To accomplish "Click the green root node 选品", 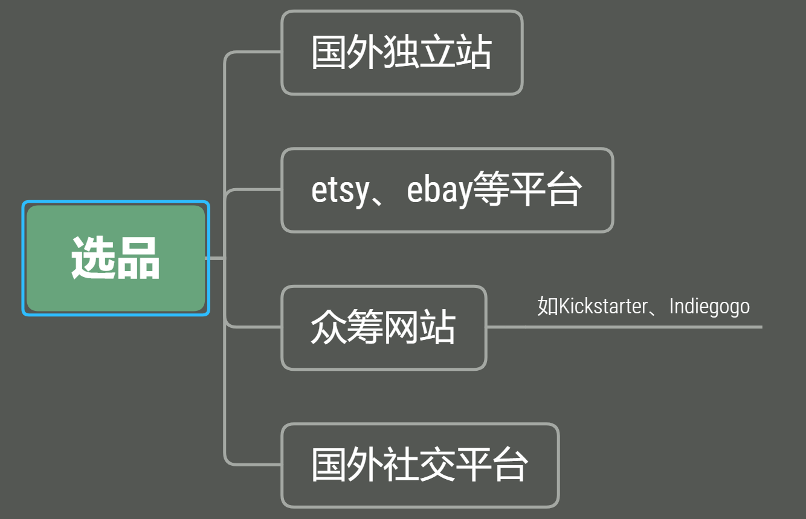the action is pyautogui.click(x=116, y=258).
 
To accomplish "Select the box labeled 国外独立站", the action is pyautogui.click(x=402, y=53).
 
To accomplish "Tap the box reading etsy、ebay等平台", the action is pyautogui.click(x=447, y=190).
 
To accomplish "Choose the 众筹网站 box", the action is pyautogui.click(x=384, y=328).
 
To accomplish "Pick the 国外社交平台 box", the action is pyautogui.click(x=420, y=465).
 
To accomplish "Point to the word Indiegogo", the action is pyautogui.click(x=709, y=307).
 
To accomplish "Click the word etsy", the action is pyautogui.click(x=340, y=191).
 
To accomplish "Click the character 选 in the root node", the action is pyautogui.click(x=93, y=258).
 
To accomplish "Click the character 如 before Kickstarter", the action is pyautogui.click(x=547, y=306).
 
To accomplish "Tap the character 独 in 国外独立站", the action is pyautogui.click(x=401, y=52).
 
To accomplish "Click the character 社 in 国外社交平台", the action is pyautogui.click(x=401, y=465).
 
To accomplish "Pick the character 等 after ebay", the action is pyautogui.click(x=491, y=189).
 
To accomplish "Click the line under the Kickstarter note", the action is pyautogui.click(x=625, y=327).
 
